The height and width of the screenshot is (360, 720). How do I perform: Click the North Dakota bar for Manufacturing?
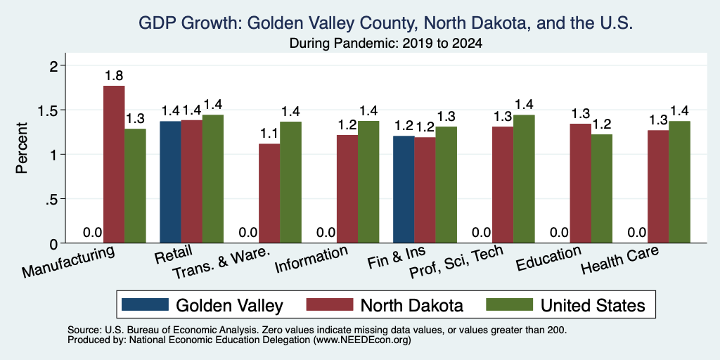point(114,165)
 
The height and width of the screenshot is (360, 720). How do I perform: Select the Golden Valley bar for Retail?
point(170,182)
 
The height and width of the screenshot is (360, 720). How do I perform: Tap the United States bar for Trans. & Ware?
point(290,182)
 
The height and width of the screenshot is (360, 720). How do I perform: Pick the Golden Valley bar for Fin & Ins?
point(404,189)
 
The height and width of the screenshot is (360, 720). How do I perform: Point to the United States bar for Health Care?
point(680,182)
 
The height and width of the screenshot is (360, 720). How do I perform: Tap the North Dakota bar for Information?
point(347,188)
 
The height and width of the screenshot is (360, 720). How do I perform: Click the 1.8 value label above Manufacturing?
point(114,76)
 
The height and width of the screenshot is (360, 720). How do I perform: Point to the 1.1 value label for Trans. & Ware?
point(269,134)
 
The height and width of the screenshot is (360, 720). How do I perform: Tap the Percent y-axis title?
point(22,148)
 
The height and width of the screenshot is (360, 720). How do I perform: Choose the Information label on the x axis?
point(311,259)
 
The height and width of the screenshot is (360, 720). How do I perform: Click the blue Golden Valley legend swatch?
point(145,305)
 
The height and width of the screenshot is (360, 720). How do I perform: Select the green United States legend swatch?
point(509,305)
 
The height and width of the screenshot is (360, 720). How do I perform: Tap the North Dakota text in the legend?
point(411,305)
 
